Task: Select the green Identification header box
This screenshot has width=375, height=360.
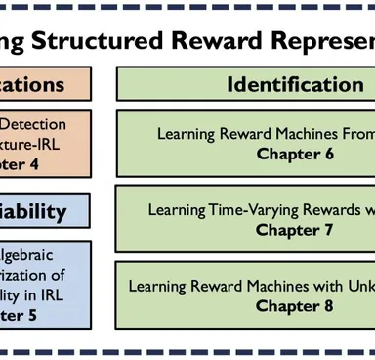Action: tap(246, 84)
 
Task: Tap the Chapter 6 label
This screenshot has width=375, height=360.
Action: tap(295, 154)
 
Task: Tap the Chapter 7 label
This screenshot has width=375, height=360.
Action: tap(295, 230)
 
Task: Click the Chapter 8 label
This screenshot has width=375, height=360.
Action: tap(295, 305)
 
